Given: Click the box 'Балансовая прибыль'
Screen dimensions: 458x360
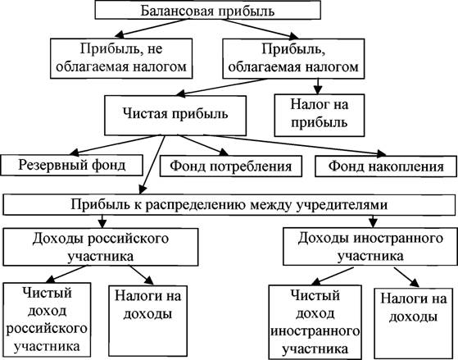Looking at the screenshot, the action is click(207, 11).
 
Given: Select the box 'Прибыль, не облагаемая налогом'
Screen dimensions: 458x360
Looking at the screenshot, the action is click(121, 58).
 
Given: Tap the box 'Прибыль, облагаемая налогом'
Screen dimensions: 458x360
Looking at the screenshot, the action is click(293, 58).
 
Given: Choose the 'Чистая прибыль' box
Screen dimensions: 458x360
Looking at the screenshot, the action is click(175, 116).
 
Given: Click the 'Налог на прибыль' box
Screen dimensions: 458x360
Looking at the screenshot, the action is click(320, 116).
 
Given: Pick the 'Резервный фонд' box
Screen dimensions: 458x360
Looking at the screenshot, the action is click(71, 165).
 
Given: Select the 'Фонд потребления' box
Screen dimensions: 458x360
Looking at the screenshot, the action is click(231, 166).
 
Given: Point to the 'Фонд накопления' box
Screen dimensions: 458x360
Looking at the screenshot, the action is click(386, 166).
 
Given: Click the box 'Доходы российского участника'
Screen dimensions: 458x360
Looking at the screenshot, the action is click(101, 247).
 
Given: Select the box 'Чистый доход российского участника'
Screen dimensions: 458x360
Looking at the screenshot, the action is click(47, 319).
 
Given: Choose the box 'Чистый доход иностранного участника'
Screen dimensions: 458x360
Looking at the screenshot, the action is click(315, 322).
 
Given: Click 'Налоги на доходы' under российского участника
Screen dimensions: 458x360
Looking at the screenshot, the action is click(147, 321).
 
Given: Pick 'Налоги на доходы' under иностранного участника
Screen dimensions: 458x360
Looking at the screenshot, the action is click(413, 323).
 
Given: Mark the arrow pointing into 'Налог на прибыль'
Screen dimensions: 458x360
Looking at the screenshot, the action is click(318, 86).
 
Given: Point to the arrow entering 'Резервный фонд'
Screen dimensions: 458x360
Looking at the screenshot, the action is click(114, 145).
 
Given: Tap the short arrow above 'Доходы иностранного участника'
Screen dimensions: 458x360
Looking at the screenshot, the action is click(373, 221).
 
